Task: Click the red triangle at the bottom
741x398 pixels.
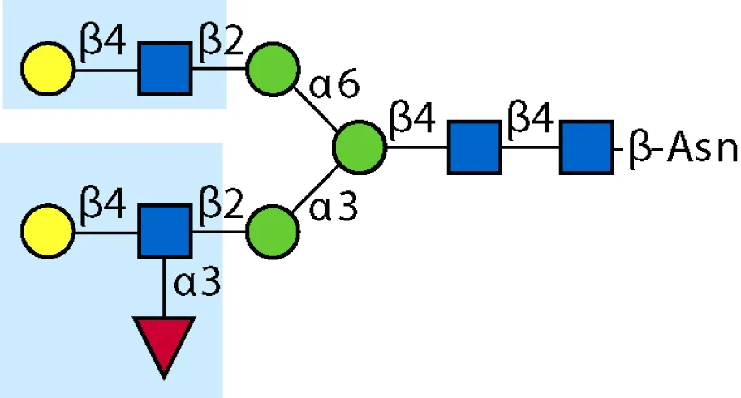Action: [x=164, y=342]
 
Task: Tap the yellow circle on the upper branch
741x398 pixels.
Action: [x=48, y=69]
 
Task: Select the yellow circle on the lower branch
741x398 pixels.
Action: [x=48, y=231]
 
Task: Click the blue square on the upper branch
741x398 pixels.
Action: [x=165, y=68]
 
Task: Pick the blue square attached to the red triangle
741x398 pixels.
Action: [x=165, y=231]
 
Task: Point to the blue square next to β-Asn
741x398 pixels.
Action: [x=587, y=148]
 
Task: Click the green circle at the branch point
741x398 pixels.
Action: [x=360, y=148]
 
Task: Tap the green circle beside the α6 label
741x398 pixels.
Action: [x=273, y=70]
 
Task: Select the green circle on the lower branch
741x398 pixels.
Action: [x=273, y=231]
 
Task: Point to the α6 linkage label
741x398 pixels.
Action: [x=334, y=85]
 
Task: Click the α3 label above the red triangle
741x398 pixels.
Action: [x=197, y=283]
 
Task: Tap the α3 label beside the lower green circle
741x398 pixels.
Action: [x=334, y=208]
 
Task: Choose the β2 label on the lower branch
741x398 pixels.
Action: [x=221, y=205]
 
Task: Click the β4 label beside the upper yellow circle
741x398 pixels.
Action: [x=102, y=44]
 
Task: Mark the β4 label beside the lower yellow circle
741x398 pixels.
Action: [x=102, y=205]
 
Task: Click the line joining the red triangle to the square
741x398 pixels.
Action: [x=164, y=288]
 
